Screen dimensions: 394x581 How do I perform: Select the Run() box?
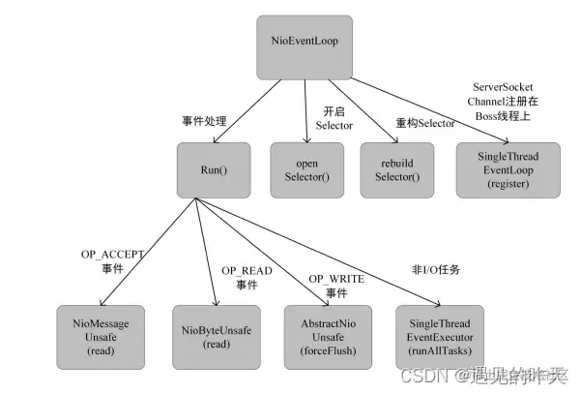(214, 170)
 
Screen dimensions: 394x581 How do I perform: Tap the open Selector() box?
(305, 170)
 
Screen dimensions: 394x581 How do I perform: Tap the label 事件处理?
(204, 121)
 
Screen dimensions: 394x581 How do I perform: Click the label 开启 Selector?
(334, 119)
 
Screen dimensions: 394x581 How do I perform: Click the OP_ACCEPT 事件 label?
(112, 260)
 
